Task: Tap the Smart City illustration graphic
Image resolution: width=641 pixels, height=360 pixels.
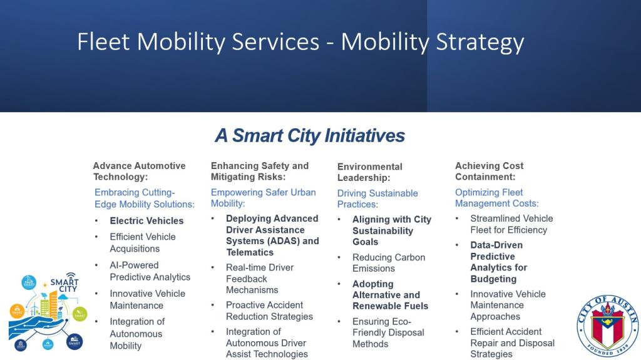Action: [48, 312]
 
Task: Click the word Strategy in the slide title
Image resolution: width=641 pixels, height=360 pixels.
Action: [480, 42]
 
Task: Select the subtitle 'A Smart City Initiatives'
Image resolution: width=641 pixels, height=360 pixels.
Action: [310, 136]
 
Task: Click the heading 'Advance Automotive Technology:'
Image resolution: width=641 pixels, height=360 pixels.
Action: [140, 172]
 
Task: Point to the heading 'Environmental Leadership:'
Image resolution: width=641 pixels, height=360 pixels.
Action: [369, 172]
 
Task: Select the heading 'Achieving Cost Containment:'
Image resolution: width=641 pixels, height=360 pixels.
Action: [490, 172]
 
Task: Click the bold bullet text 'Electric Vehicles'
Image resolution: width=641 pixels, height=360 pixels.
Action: [146, 221]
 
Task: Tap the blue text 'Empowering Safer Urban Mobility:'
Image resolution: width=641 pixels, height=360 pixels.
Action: [264, 198]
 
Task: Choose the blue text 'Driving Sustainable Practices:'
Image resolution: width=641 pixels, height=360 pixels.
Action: [377, 199]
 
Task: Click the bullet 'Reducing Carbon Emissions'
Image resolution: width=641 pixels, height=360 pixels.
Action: [389, 263]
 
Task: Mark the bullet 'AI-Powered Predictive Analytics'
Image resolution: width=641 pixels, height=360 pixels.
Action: [150, 271]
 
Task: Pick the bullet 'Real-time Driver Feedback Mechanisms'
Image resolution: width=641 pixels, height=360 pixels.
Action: [260, 279]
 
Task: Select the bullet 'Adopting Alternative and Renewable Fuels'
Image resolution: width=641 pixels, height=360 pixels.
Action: [391, 295]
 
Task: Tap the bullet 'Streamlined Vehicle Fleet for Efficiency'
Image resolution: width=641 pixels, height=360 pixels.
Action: [511, 224]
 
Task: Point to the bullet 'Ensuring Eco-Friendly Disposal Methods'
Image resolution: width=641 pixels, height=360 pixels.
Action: [388, 332]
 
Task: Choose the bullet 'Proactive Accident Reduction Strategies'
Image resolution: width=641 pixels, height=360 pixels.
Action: [269, 311]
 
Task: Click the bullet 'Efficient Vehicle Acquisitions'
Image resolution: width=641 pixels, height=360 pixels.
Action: [143, 242]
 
